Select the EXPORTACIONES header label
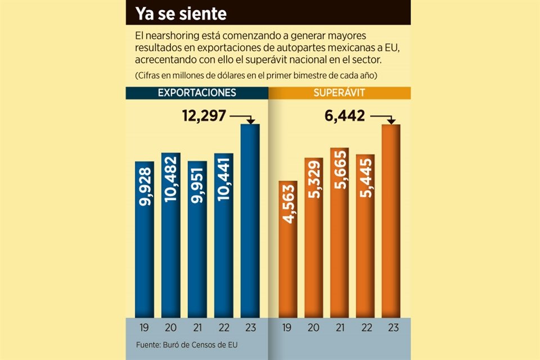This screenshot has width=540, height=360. click(196, 93)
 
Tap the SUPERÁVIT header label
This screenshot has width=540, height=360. click(340, 93)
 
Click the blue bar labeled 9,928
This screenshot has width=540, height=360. click(145, 239)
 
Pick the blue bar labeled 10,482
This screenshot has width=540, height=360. click(171, 235)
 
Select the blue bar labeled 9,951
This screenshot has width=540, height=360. click(197, 239)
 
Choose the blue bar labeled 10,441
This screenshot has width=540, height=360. click(224, 235)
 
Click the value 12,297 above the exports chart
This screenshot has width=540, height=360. click(204, 116)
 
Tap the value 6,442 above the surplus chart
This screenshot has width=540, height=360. click(345, 116)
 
